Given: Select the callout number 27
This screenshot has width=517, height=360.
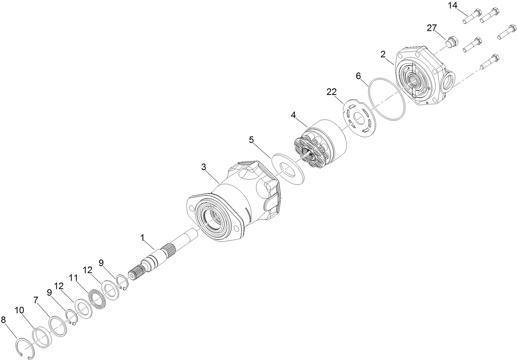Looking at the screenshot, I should point(432,28).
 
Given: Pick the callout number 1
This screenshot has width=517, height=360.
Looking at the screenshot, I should point(142,238).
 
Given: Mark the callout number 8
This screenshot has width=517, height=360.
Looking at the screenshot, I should point(4,319).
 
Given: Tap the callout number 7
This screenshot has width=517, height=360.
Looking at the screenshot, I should point(36,300).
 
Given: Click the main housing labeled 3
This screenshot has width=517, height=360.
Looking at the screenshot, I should point(230,197).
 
